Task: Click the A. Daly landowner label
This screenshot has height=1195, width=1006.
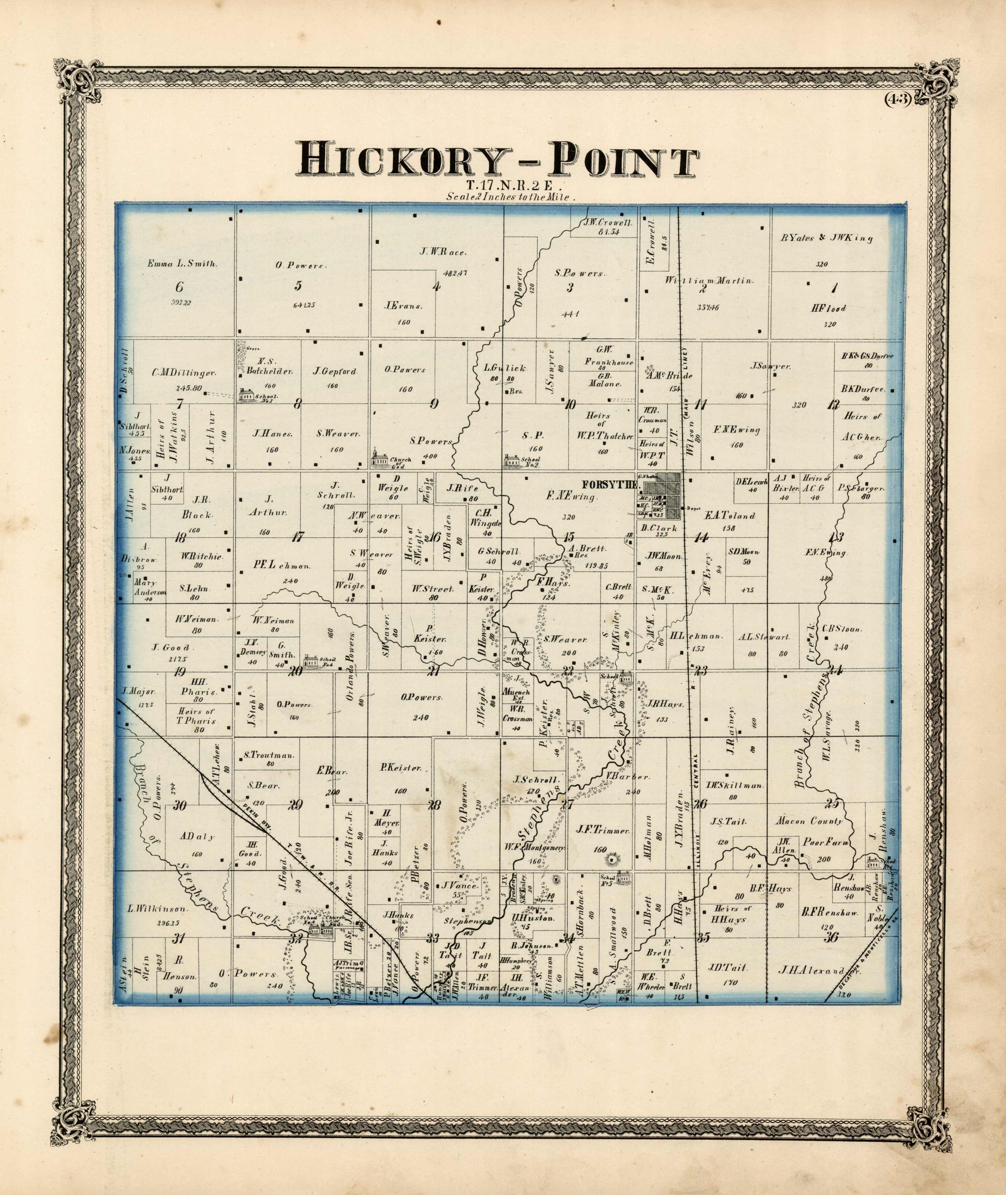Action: [197, 836]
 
